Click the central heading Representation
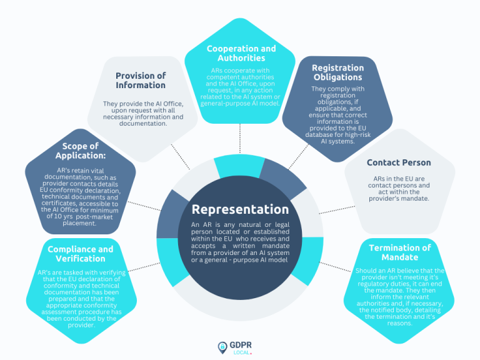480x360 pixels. pyautogui.click(x=240, y=209)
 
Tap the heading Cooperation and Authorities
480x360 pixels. pyautogui.click(x=240, y=52)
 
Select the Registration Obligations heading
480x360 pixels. pyautogui.click(x=337, y=72)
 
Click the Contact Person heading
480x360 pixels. pyautogui.click(x=399, y=162)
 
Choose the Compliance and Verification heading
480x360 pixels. pyautogui.click(x=80, y=254)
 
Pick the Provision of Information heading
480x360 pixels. pyautogui.click(x=141, y=80)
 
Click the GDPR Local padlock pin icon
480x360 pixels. pyautogui.click(x=222, y=346)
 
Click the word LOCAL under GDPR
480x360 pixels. pyautogui.click(x=241, y=352)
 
